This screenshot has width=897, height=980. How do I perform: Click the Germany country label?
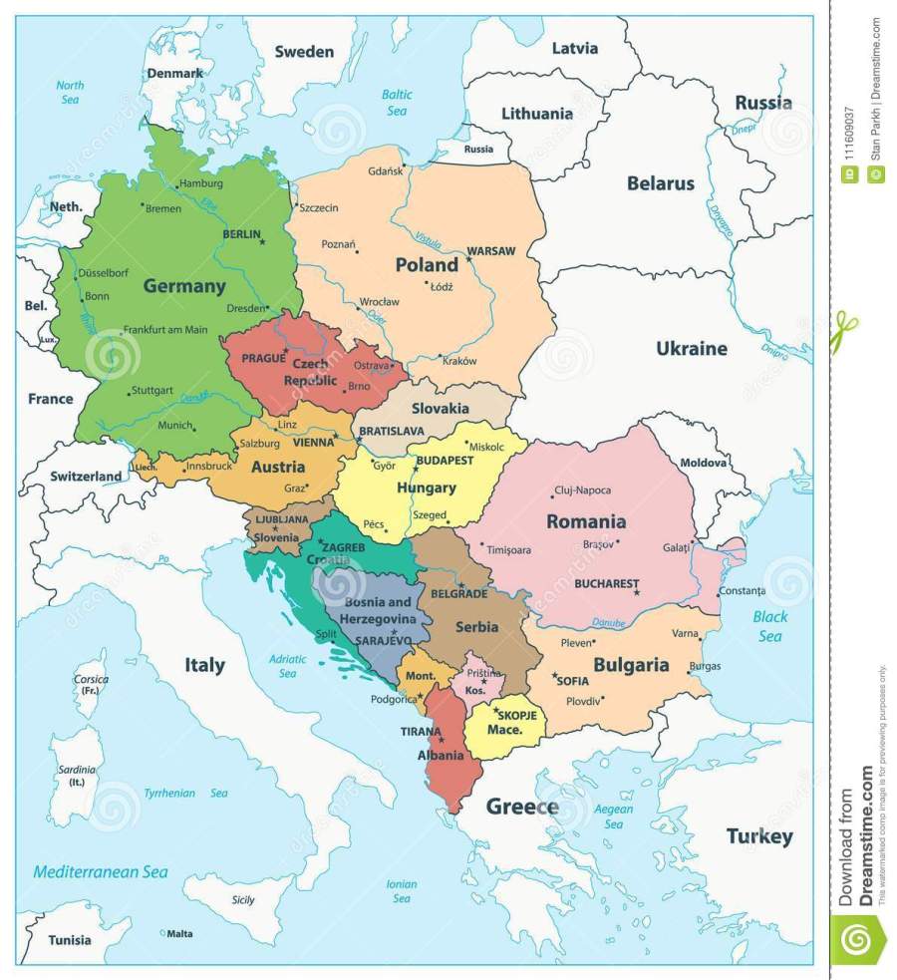[184, 286]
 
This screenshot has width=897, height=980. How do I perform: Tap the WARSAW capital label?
[490, 251]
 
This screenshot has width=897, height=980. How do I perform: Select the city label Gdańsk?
[386, 170]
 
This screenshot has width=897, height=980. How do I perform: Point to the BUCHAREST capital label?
[605, 584]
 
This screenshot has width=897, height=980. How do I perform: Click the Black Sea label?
[768, 626]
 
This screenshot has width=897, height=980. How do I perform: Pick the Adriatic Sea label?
[288, 666]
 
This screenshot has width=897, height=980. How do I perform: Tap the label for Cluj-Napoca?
[581, 490]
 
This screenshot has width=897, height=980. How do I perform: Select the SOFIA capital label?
[572, 682]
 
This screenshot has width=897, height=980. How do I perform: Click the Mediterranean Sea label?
[100, 871]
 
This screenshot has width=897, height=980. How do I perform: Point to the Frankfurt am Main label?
[165, 330]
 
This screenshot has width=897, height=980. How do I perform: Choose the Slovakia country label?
[440, 409]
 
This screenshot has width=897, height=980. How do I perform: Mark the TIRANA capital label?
[420, 731]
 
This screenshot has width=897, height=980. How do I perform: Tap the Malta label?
[179, 933]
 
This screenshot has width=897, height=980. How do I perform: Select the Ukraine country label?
[691, 349]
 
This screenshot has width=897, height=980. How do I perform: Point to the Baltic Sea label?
[397, 103]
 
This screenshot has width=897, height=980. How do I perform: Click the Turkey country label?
[759, 836]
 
